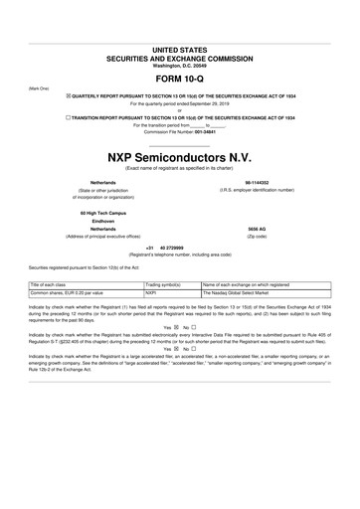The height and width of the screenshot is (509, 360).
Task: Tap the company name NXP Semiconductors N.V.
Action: coord(180,158)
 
